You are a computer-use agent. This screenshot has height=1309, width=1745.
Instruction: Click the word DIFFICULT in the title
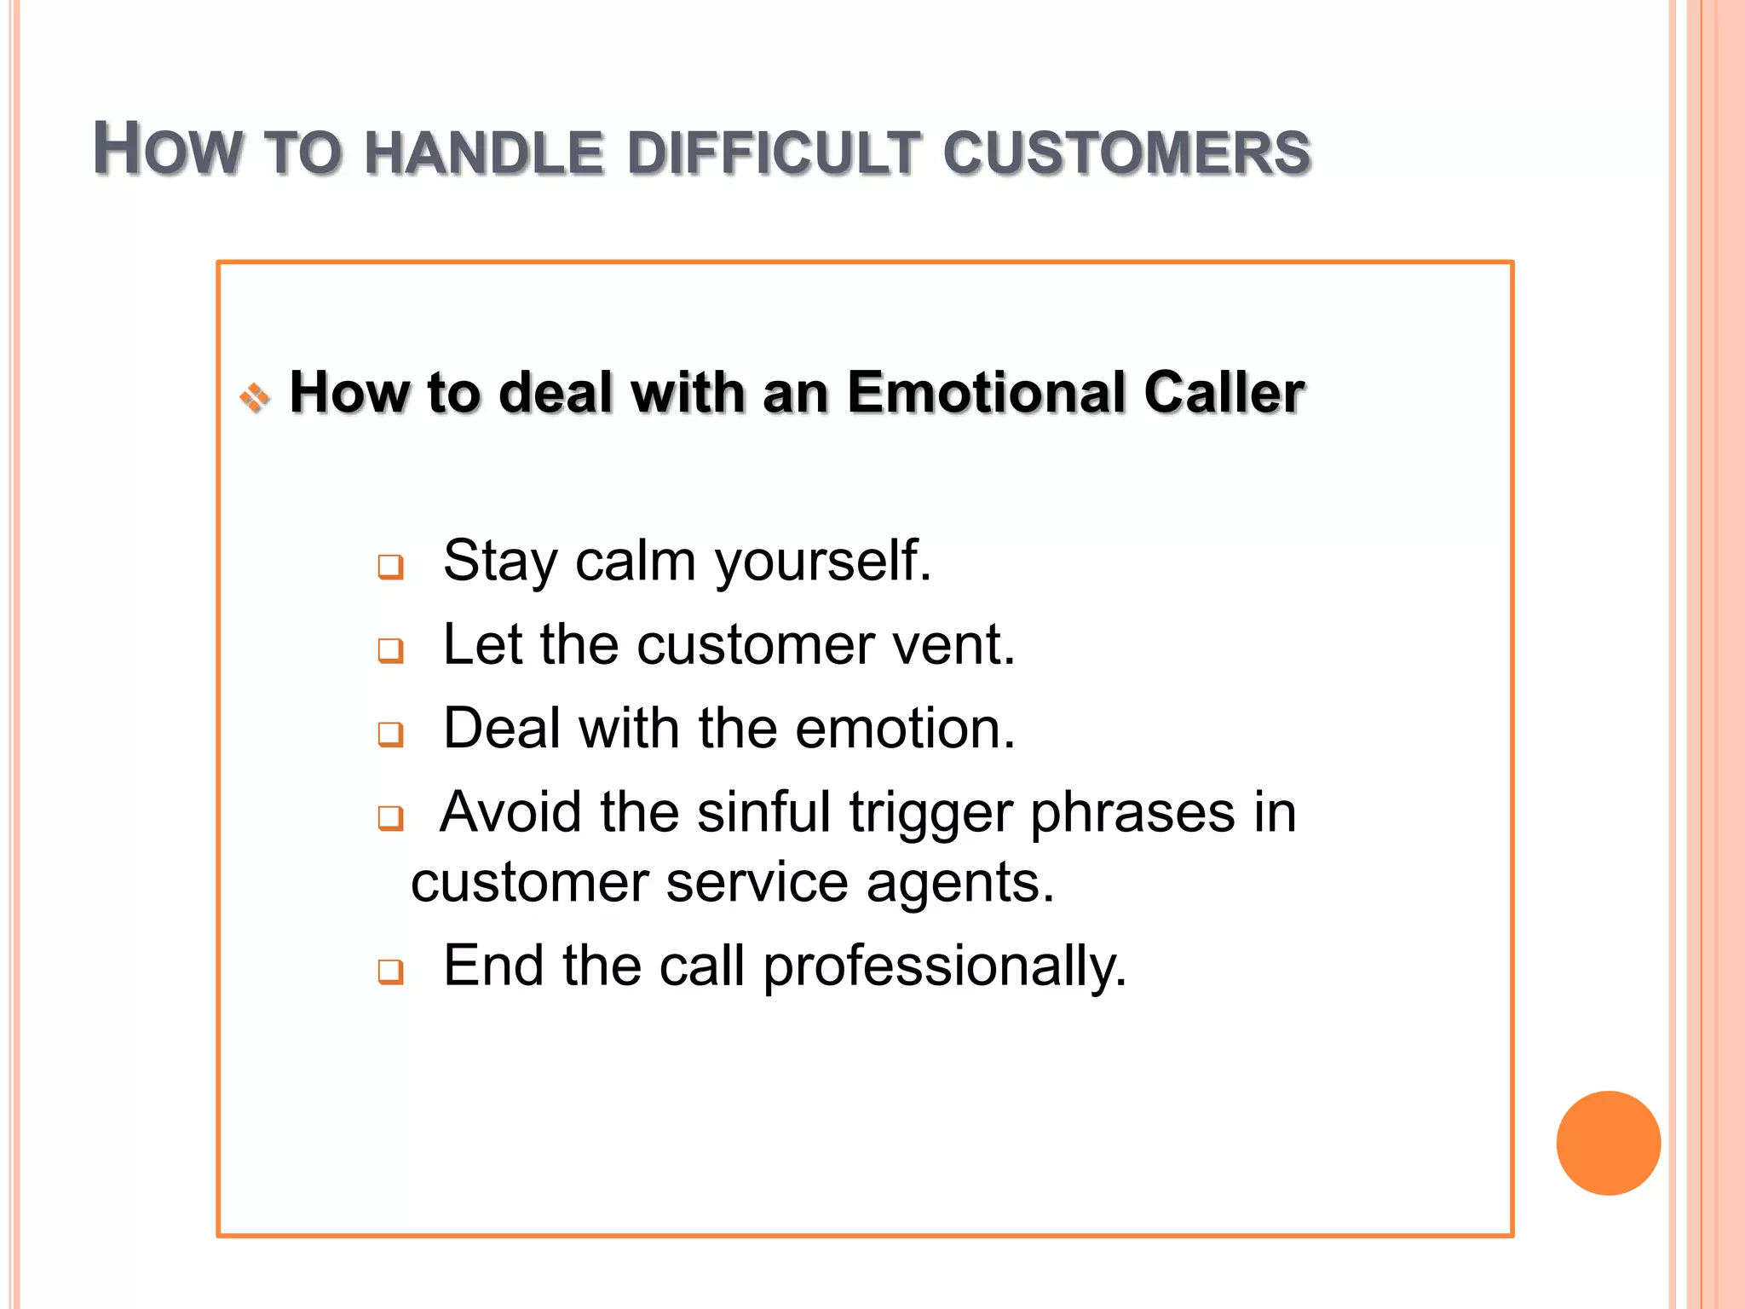point(774,154)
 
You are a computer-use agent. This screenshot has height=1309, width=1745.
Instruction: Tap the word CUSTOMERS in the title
point(1126,154)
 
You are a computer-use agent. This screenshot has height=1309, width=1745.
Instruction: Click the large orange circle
point(1608,1143)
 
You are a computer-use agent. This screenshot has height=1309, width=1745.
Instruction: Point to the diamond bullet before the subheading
point(255,397)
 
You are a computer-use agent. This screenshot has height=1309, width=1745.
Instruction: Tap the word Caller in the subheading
point(1224,393)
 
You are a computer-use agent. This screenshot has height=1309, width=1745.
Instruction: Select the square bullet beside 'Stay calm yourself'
point(391,567)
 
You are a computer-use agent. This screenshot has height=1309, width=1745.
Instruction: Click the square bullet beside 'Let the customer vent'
point(391,650)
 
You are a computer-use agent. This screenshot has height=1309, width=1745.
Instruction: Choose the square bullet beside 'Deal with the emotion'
point(391,733)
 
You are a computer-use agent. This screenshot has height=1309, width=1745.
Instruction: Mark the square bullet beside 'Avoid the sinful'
point(391,817)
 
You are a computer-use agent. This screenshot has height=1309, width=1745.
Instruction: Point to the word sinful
point(763,811)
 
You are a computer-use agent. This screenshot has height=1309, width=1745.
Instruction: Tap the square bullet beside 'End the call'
point(391,970)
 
